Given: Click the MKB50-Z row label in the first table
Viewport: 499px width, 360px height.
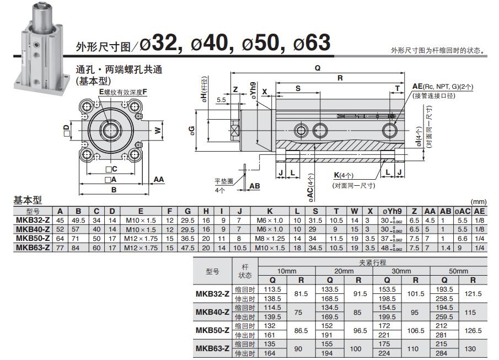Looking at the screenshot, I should point(33,238).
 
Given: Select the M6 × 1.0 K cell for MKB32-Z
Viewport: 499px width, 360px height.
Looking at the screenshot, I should point(270,221).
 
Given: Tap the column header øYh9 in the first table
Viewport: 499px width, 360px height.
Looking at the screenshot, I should point(396,212).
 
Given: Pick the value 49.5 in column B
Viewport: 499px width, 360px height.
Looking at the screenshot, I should point(78,221).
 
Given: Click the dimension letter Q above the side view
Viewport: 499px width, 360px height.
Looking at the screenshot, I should point(318,68).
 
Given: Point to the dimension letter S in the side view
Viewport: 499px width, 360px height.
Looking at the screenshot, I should point(298,88).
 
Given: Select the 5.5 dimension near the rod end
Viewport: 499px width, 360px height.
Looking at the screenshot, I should point(221,100).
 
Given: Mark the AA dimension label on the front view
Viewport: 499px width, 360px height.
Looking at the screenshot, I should point(159,180).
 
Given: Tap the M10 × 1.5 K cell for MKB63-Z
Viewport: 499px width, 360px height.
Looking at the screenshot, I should point(270,247).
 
